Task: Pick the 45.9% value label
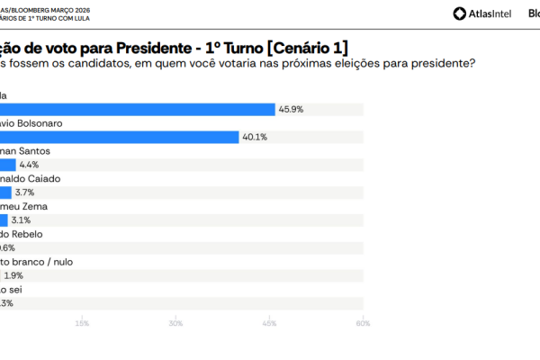(290, 109)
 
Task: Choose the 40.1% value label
(255, 137)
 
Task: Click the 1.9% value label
(13, 275)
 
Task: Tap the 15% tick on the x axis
(82, 323)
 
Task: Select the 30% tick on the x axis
(175, 323)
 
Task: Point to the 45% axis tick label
(270, 323)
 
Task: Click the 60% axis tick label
(363, 323)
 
